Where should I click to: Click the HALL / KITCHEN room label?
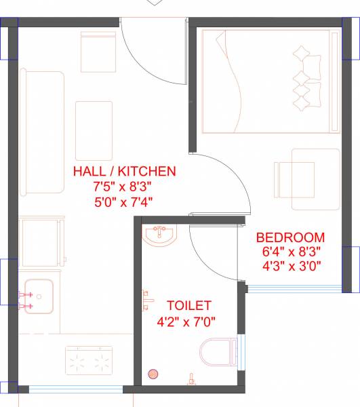click(x=125, y=171)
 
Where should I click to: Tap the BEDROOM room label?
click(x=290, y=237)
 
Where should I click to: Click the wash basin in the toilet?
click(x=160, y=235)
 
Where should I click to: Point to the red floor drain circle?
click(x=154, y=374)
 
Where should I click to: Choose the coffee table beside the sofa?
click(x=93, y=130)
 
